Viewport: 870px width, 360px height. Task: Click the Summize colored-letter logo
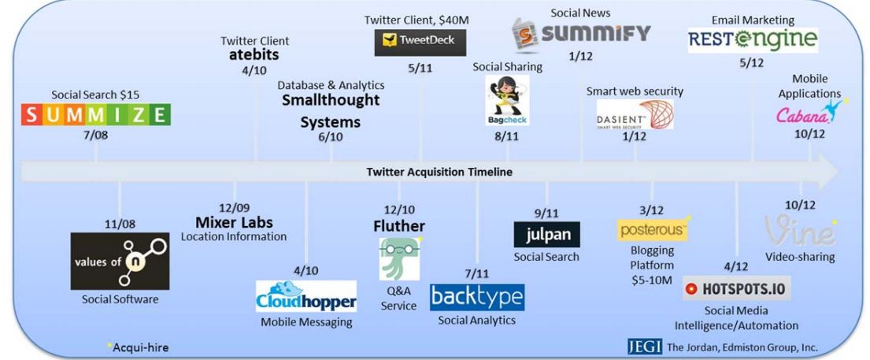[x=95, y=114]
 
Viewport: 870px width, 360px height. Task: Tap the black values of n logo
[x=119, y=261]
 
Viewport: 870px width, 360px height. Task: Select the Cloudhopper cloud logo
[x=306, y=296]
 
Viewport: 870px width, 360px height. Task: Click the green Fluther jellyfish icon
[x=399, y=258]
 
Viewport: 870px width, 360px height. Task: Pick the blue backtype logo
[x=476, y=297]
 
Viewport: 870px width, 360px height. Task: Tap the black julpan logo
[x=546, y=234]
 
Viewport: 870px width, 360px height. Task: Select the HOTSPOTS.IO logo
[x=737, y=288]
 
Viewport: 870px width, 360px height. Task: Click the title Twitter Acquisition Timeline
[x=439, y=172]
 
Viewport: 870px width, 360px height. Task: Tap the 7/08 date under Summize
[x=96, y=135]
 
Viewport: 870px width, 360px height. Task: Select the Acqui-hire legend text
[x=139, y=347]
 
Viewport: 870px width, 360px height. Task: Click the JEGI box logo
[x=642, y=346]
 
